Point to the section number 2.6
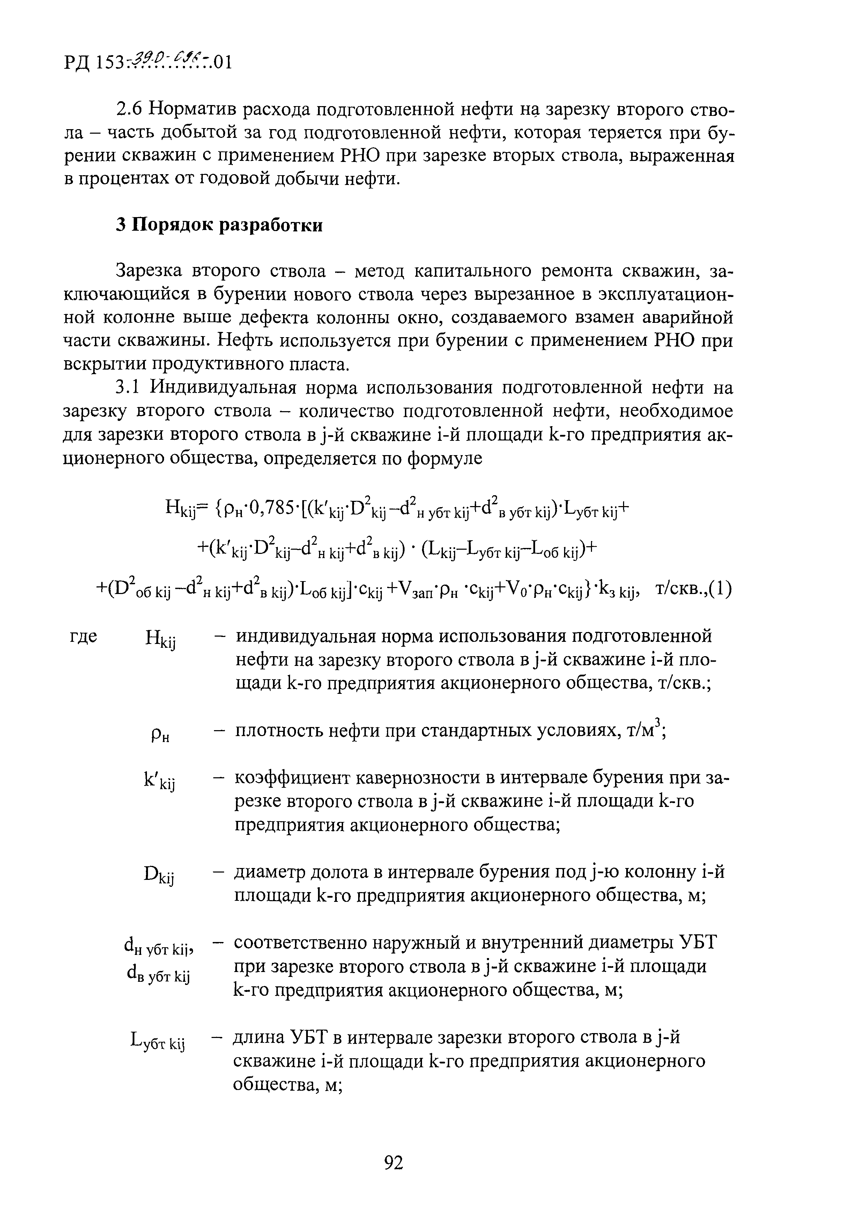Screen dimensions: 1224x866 click(x=129, y=109)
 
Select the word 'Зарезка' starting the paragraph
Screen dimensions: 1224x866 click(x=150, y=271)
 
